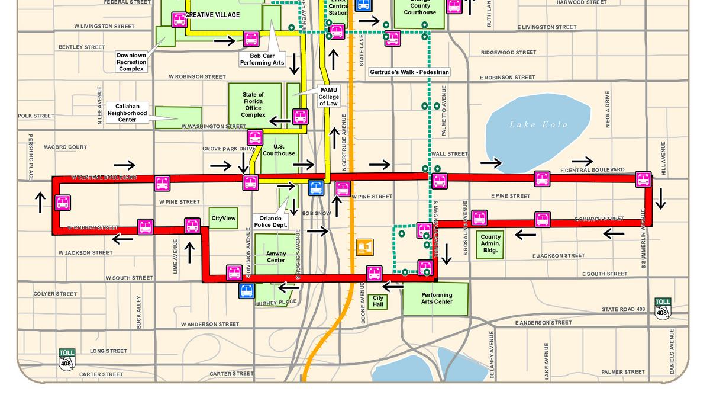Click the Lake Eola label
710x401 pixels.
click(x=538, y=124)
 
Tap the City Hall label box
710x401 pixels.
click(x=378, y=301)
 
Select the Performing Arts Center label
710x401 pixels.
click(x=437, y=298)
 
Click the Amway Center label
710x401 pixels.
click(x=276, y=256)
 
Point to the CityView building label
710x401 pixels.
click(x=224, y=219)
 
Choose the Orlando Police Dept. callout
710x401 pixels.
click(x=270, y=222)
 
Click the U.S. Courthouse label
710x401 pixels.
click(x=279, y=150)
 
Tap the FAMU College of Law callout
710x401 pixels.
click(x=330, y=96)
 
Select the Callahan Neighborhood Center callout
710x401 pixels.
click(x=127, y=113)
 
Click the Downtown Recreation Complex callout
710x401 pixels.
click(x=131, y=62)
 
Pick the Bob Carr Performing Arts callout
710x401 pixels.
click(x=262, y=59)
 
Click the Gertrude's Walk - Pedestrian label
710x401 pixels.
click(x=409, y=72)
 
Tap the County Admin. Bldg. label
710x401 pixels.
click(x=490, y=243)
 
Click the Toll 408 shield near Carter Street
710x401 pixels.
click(x=67, y=360)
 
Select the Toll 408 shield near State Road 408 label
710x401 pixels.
click(x=663, y=309)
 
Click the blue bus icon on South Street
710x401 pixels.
click(x=247, y=291)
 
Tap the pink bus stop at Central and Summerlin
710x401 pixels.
click(x=643, y=179)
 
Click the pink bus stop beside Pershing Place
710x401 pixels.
click(x=63, y=203)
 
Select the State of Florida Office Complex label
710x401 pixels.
click(x=253, y=104)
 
